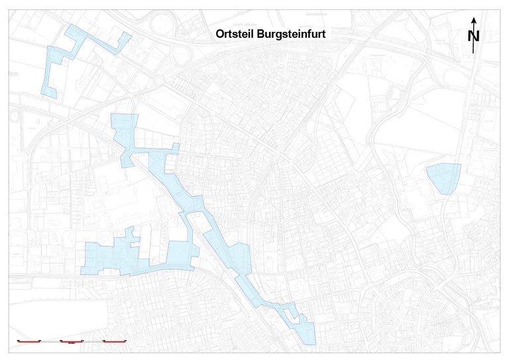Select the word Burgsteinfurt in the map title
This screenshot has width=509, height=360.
[x=292, y=35]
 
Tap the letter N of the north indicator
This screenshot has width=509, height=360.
[x=473, y=36]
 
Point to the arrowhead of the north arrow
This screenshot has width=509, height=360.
[x=473, y=21]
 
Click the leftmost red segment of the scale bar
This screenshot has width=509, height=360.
[x=28, y=341]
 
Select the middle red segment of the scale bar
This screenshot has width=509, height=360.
[x=71, y=341]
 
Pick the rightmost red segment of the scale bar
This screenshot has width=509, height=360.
[x=115, y=341]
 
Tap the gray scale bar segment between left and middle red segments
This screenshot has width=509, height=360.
[x=50, y=341]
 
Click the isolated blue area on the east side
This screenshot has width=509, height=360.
[x=443, y=177]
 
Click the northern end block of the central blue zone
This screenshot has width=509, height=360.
[x=124, y=126]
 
